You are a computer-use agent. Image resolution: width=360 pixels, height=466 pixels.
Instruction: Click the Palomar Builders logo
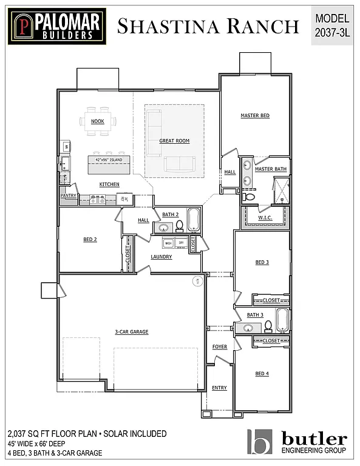[57, 26]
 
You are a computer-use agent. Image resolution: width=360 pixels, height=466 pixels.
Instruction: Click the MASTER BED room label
[255, 115]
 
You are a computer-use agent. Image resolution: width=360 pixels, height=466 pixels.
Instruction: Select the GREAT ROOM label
[174, 141]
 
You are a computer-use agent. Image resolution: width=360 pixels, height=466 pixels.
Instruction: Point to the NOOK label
[97, 121]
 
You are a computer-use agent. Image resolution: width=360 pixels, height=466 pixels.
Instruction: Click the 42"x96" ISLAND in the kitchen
[109, 160]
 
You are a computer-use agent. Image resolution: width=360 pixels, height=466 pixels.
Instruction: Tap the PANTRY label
[68, 195]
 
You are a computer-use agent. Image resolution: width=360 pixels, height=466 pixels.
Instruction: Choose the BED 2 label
[90, 240]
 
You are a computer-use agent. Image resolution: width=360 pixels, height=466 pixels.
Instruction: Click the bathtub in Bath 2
[194, 220]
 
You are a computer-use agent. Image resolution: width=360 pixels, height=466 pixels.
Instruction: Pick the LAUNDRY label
[161, 257]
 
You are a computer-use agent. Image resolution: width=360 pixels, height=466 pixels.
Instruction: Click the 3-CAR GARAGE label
[131, 332]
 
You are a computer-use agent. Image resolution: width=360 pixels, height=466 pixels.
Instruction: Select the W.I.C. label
[265, 218]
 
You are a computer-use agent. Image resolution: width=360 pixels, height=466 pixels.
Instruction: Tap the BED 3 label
[262, 262]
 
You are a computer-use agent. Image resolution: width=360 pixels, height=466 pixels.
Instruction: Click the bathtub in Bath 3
[283, 319]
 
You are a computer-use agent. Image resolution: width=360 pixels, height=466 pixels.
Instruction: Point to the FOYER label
[219, 346]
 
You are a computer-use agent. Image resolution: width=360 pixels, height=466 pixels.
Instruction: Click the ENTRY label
[219, 388]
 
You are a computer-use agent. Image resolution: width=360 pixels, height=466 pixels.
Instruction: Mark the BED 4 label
[262, 374]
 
